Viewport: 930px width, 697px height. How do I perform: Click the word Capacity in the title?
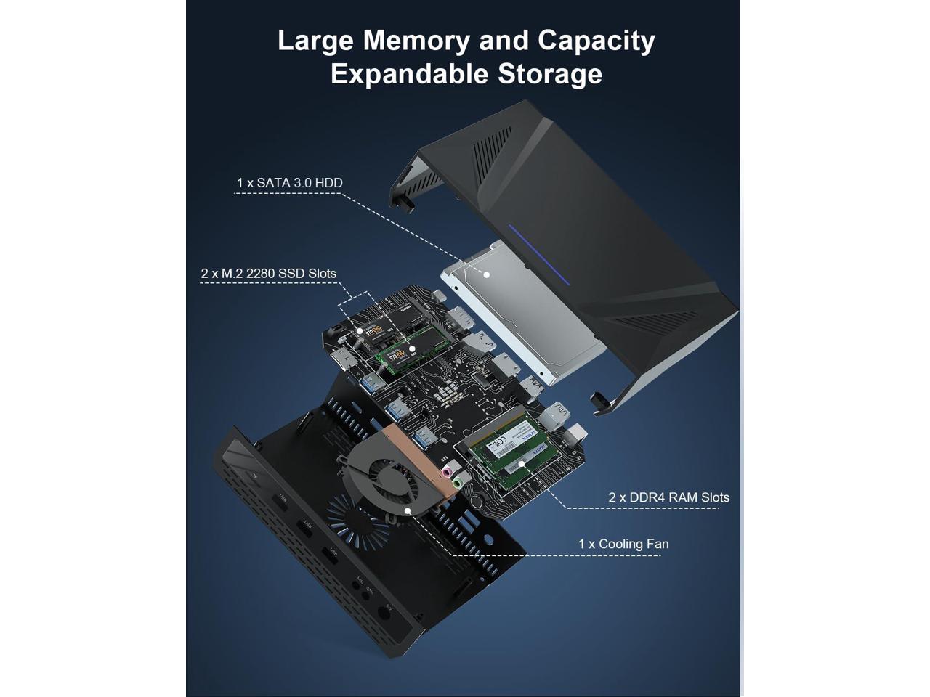[596, 41]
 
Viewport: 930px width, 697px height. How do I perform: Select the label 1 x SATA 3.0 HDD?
[289, 183]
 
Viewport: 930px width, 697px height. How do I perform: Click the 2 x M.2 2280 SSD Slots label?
[268, 274]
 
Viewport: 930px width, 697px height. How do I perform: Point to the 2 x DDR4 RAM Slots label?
[668, 497]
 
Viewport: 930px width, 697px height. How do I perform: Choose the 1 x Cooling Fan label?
[623, 544]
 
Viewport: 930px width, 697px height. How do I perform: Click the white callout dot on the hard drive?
[487, 275]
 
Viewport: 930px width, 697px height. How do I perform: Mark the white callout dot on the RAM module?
[521, 464]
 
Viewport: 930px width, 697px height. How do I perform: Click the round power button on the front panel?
[384, 614]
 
